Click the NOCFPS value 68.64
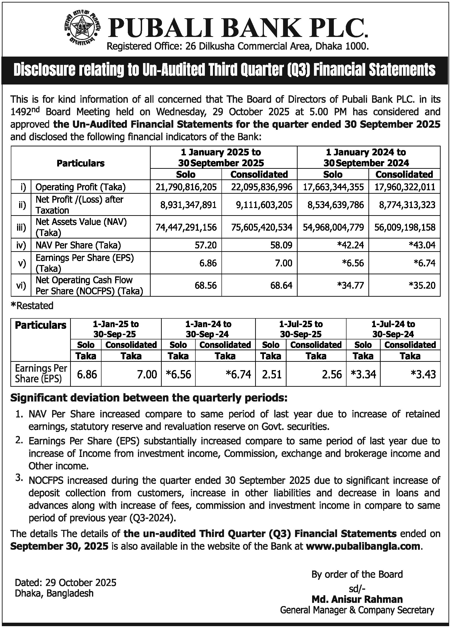click(281, 285)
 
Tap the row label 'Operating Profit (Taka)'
click(81, 187)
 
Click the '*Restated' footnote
click(32, 306)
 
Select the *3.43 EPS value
click(423, 374)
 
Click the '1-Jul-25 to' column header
click(301, 324)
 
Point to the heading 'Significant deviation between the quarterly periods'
click(149, 398)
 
